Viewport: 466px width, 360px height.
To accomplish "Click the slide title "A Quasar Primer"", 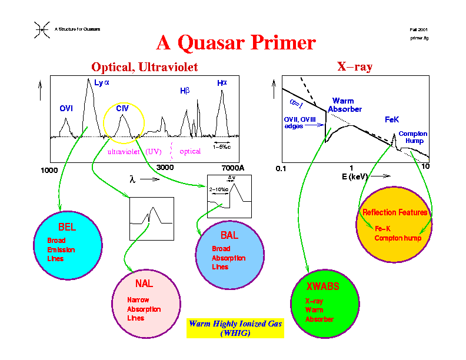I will (236, 42).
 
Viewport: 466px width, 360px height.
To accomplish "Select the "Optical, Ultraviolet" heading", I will (144, 67).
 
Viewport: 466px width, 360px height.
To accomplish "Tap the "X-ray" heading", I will (354, 66).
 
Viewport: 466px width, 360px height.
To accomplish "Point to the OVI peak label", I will (66, 109).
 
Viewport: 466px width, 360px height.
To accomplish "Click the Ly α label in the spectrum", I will (102, 84).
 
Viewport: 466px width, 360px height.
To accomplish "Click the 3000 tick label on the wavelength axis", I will (165, 168).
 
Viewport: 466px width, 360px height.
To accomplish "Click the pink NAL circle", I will (145, 302).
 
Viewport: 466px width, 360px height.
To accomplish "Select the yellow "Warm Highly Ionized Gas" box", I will (235, 328).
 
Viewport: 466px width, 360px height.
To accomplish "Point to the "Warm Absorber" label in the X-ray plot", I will (344, 105).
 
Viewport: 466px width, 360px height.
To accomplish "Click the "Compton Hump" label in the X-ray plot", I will (412, 137).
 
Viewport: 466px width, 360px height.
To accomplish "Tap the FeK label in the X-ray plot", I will (392, 119).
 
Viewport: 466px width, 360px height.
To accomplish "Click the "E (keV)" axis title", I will (356, 176).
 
